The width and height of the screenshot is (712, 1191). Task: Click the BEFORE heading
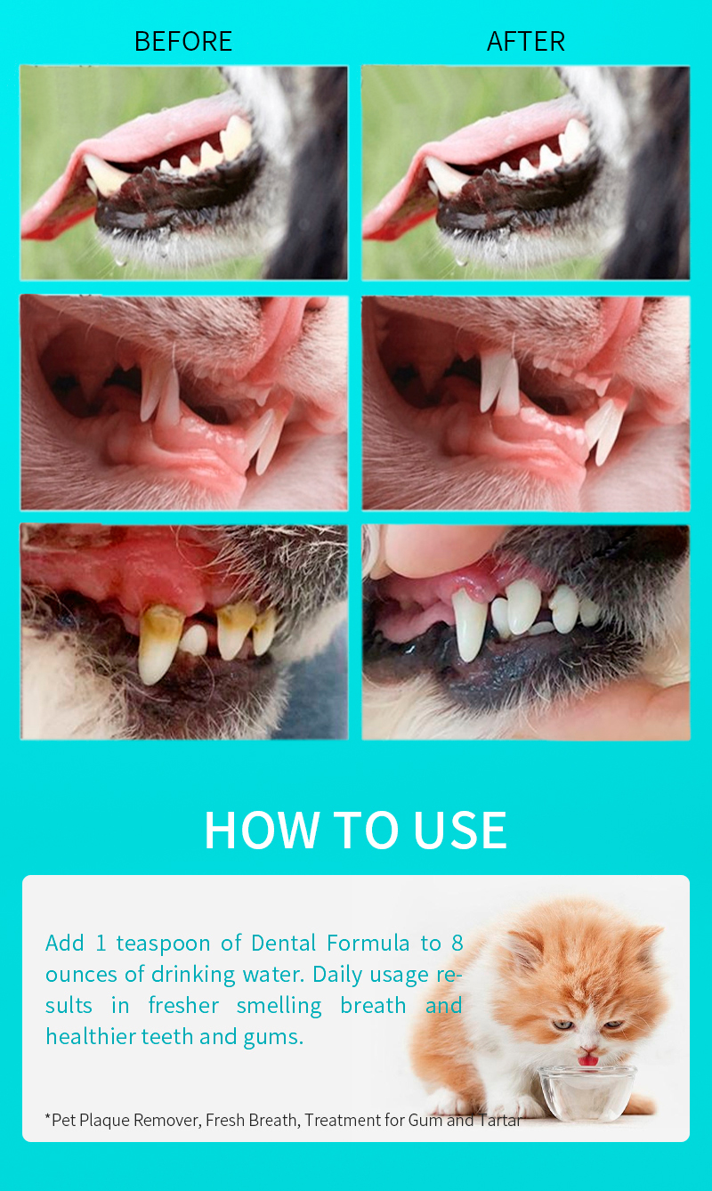click(x=183, y=41)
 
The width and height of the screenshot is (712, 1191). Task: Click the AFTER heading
click(x=525, y=41)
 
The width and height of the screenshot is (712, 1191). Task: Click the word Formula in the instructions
click(x=368, y=944)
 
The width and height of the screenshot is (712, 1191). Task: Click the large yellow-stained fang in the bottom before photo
click(x=158, y=643)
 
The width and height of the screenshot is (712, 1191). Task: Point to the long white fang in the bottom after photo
click(x=469, y=624)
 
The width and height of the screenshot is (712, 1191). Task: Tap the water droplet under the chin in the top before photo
click(x=121, y=261)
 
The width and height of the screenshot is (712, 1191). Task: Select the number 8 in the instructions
click(x=457, y=944)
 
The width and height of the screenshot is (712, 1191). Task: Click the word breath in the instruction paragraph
click(x=373, y=1006)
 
